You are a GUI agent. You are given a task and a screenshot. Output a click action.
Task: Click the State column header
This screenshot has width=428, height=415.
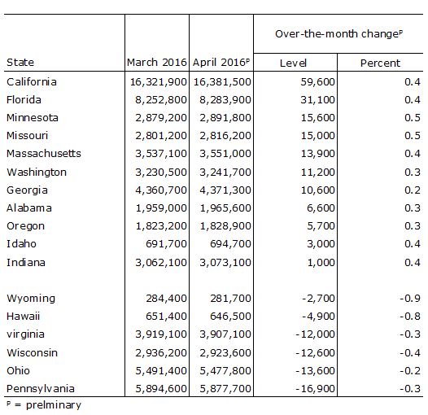tap(20, 62)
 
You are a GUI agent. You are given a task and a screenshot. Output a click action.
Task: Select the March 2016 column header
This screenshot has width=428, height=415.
tap(157, 62)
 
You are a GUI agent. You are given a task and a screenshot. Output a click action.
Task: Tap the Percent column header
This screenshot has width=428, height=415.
tap(380, 63)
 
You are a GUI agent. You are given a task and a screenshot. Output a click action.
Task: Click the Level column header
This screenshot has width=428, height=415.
tap(293, 63)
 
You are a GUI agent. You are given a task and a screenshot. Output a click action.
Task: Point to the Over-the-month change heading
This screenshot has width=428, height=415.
tap(338, 34)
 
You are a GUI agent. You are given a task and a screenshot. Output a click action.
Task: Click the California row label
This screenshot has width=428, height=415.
tap(32, 82)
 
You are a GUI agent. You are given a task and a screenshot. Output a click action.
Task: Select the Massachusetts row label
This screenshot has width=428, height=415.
tap(44, 154)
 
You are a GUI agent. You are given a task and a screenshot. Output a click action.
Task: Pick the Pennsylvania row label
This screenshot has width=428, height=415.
tap(41, 389)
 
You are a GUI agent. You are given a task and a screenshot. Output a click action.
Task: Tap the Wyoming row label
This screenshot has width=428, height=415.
tap(31, 299)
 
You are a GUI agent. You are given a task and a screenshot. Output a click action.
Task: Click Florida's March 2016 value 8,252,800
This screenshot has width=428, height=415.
tap(161, 100)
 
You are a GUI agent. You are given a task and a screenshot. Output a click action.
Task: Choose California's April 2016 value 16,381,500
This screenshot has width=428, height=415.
tap(222, 82)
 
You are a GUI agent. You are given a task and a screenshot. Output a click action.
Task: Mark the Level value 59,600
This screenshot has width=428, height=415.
tap(317, 82)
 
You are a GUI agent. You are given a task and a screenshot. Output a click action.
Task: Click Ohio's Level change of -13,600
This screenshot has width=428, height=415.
tap(315, 371)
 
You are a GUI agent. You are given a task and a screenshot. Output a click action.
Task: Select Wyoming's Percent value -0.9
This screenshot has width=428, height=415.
tap(410, 299)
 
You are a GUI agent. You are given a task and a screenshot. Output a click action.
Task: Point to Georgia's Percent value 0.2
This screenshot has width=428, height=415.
tap(413, 190)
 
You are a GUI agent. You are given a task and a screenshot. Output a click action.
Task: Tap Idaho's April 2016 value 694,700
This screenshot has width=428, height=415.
tap(230, 244)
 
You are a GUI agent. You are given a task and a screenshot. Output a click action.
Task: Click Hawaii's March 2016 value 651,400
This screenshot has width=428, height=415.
tap(166, 317)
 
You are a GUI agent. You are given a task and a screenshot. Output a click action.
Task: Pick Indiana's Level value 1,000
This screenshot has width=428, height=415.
tap(321, 263)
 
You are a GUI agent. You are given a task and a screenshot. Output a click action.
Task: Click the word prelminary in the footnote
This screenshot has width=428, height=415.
tap(54, 405)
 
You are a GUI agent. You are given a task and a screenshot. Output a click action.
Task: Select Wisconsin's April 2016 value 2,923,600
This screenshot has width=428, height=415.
tap(225, 353)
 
